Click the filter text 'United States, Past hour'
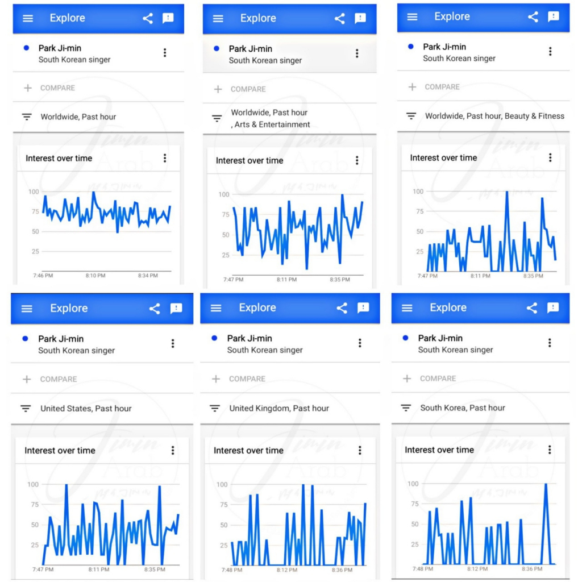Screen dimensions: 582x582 coord(86,409)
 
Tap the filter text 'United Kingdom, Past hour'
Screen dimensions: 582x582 coord(279,408)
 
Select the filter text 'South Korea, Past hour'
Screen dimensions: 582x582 coord(463,408)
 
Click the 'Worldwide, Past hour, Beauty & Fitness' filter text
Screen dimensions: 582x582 coord(494,116)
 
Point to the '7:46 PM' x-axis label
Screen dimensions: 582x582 coord(44,276)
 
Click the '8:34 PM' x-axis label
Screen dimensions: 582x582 coord(148,276)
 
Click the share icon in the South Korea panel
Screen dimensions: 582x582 coord(531,308)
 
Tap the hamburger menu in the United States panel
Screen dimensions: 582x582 coord(27,309)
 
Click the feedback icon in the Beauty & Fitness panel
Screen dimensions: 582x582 coord(553,17)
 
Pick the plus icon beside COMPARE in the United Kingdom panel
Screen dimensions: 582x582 coord(216,379)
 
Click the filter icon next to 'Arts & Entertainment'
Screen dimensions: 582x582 coord(217,119)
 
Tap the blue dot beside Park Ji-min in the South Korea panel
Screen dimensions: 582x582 coord(405,338)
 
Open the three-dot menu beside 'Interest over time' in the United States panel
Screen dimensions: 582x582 coord(173,450)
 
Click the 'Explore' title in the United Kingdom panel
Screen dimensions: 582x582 coord(257,308)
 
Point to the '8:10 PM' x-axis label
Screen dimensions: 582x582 coord(95,276)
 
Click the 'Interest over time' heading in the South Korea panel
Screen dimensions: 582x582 coord(439,450)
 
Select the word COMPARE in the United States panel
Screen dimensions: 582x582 coord(59,379)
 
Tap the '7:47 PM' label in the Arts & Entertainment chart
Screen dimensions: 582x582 coord(233,280)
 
